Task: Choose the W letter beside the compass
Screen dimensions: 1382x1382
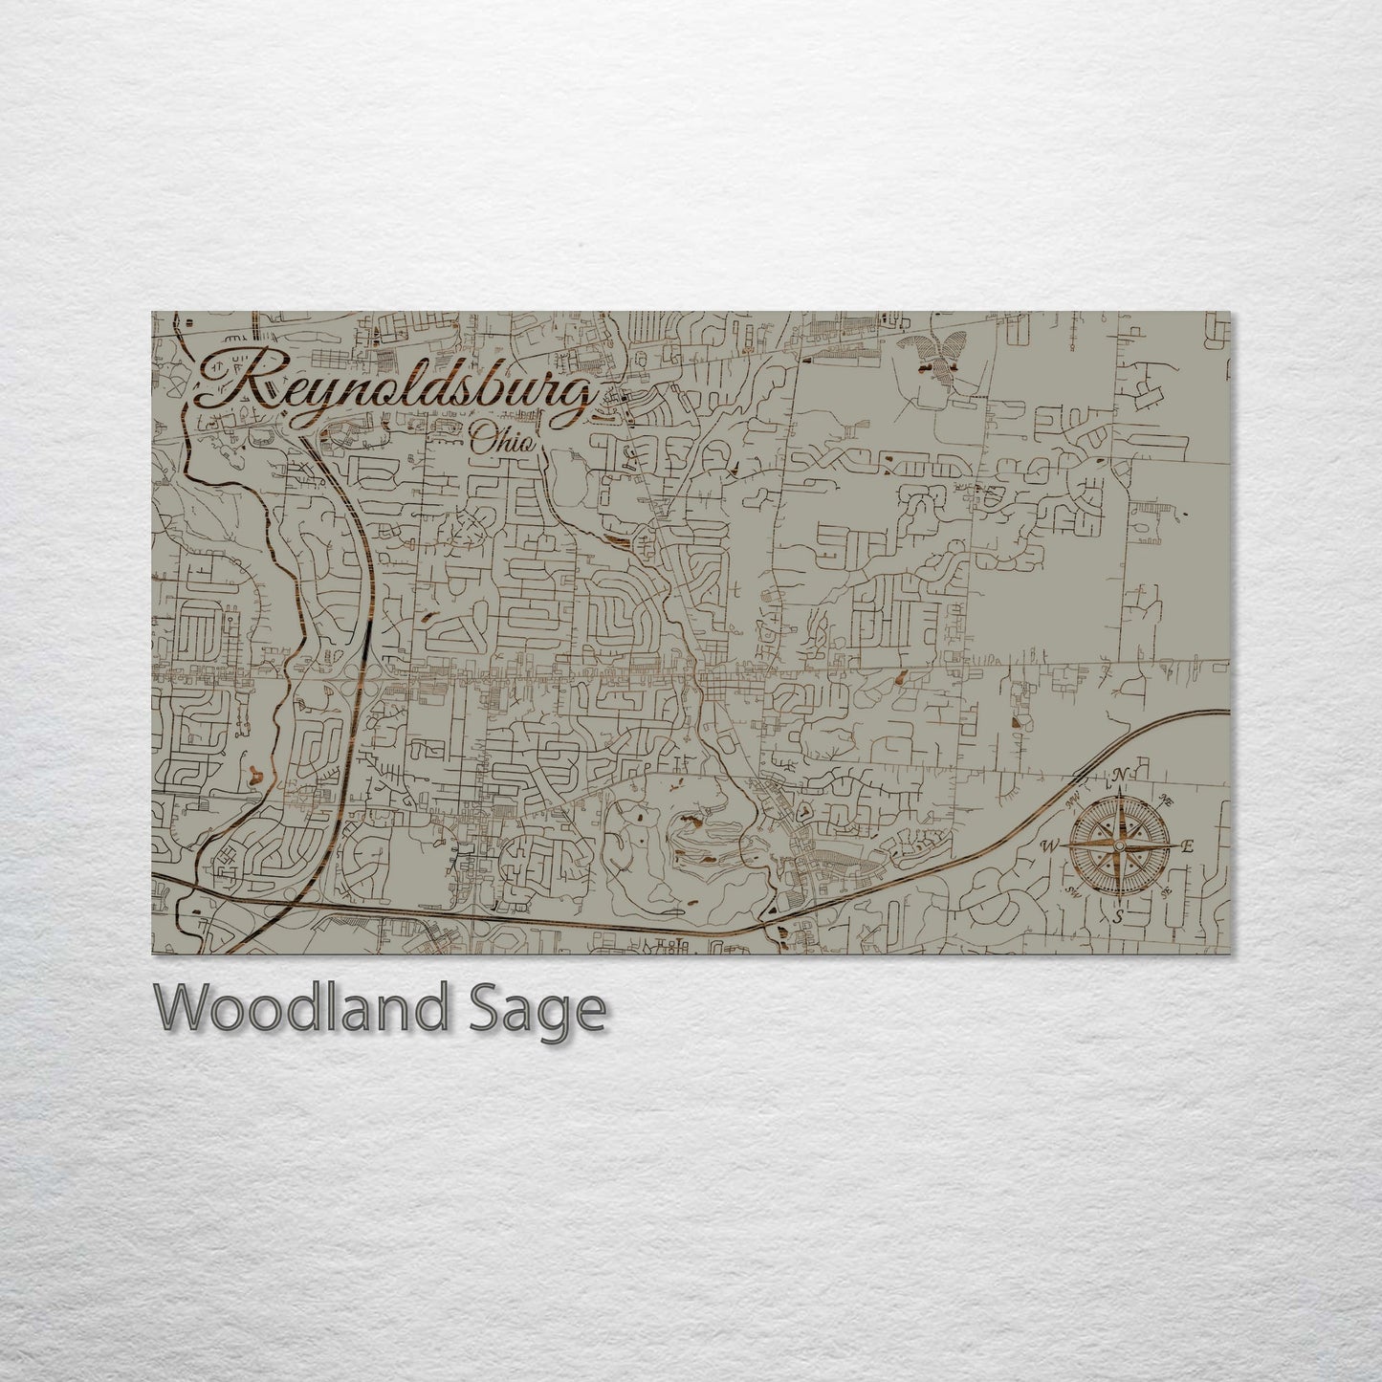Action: [x=1049, y=845]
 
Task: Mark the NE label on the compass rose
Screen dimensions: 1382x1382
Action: [x=1165, y=800]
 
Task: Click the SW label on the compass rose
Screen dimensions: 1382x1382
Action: [x=1072, y=891]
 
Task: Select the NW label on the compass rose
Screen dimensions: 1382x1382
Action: [x=1072, y=796]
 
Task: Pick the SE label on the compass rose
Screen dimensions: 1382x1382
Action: [x=1165, y=893]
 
